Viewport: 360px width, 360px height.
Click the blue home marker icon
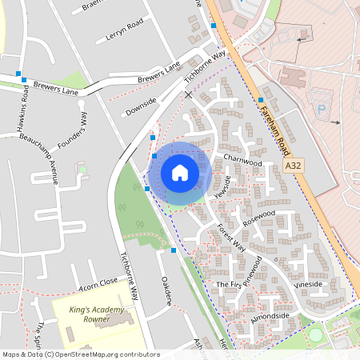[180, 173]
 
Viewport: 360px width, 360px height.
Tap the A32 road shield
[294, 166]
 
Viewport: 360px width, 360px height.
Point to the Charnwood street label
[242, 161]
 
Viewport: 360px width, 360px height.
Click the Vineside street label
[308, 284]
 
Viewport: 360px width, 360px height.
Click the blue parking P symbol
[322, 108]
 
